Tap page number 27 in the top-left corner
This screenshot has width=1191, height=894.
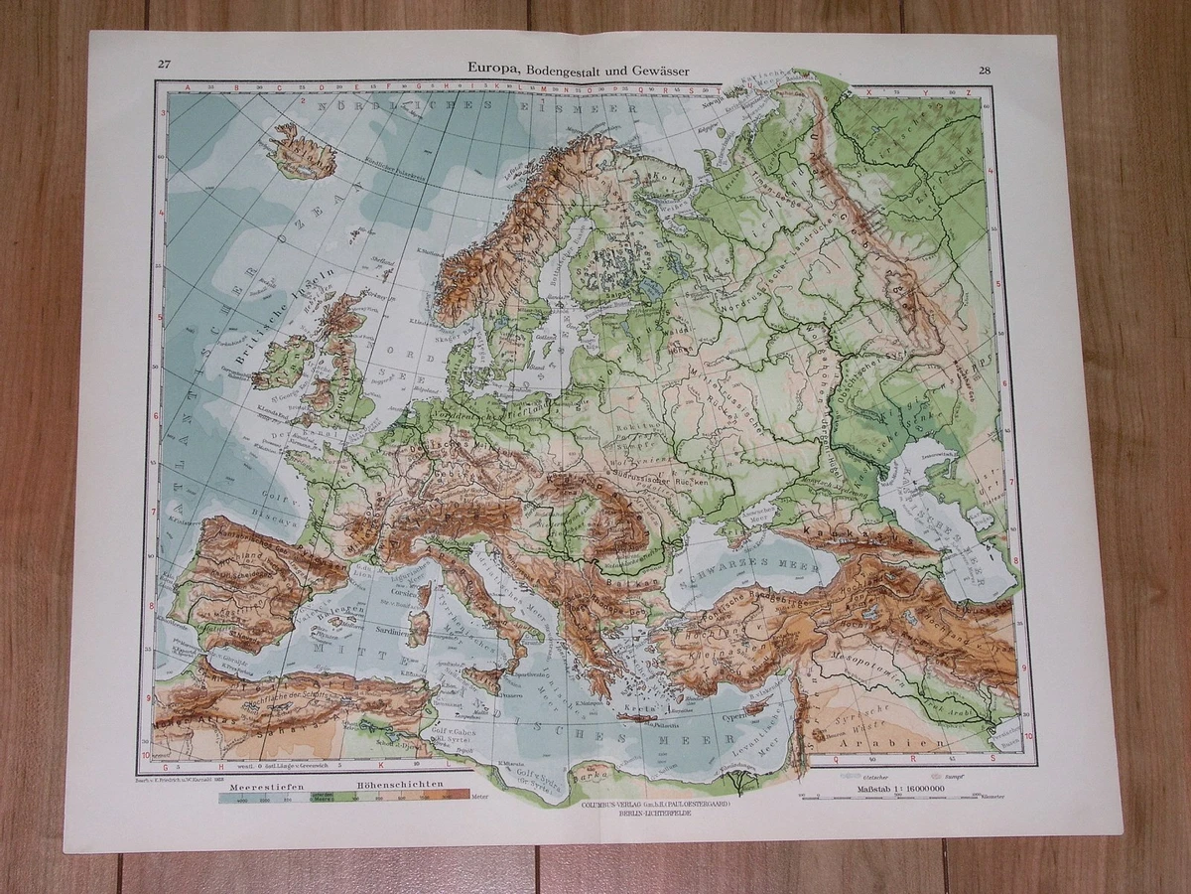(x=164, y=66)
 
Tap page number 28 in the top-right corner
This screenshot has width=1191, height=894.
(x=984, y=70)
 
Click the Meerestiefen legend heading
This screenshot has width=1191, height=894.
(x=260, y=786)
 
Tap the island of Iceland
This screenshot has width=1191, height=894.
(x=301, y=152)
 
